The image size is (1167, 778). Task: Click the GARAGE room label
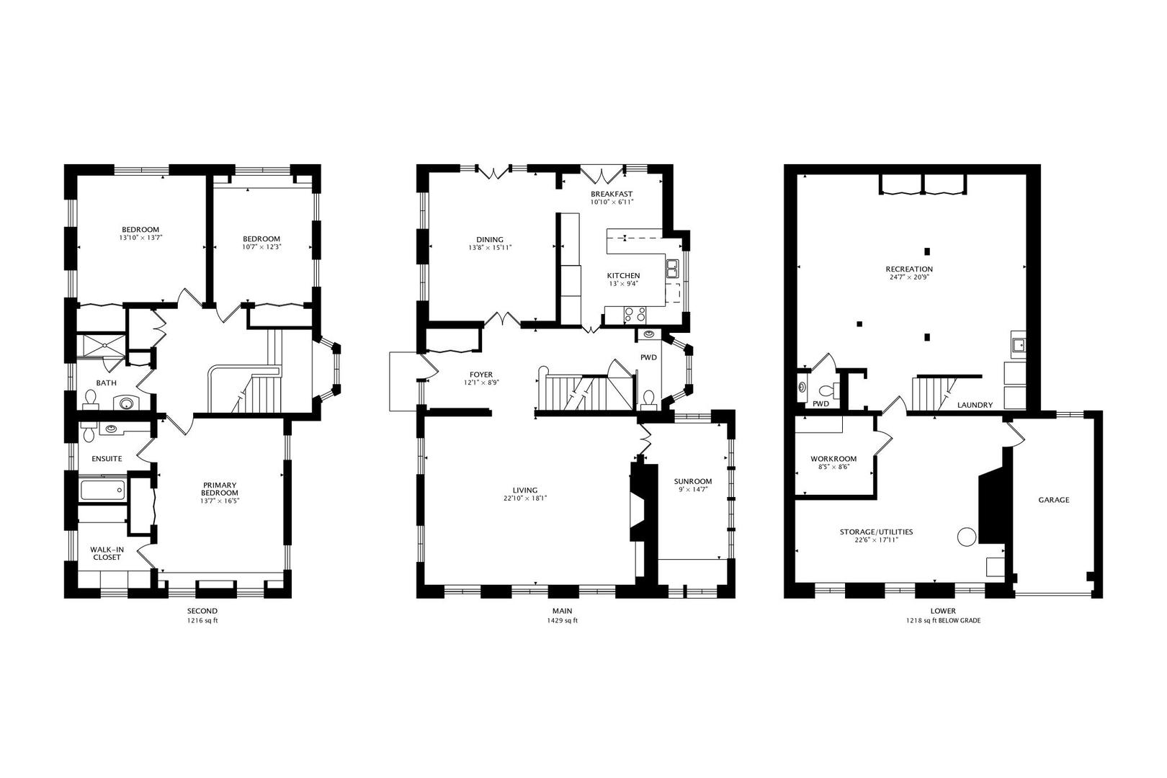point(1053,500)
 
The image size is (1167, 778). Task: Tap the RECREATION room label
point(908,269)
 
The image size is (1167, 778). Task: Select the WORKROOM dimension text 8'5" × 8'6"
point(833,467)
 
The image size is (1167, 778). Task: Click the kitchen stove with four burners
point(635,314)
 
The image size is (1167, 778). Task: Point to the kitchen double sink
point(671,269)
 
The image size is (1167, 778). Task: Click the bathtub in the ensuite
point(102,491)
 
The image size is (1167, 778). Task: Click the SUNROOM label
point(692,482)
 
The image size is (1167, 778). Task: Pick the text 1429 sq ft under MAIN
point(560,621)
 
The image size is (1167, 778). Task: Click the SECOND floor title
point(202,611)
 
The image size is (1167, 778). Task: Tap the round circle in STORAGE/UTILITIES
point(966,536)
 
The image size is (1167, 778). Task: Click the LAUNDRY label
point(975,406)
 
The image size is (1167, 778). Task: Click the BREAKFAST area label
point(612,194)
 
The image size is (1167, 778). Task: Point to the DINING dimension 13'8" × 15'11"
point(490,249)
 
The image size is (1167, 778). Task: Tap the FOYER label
point(480,375)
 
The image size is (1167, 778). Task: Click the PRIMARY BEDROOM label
point(220,489)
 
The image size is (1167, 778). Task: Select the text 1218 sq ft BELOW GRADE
point(943,621)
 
